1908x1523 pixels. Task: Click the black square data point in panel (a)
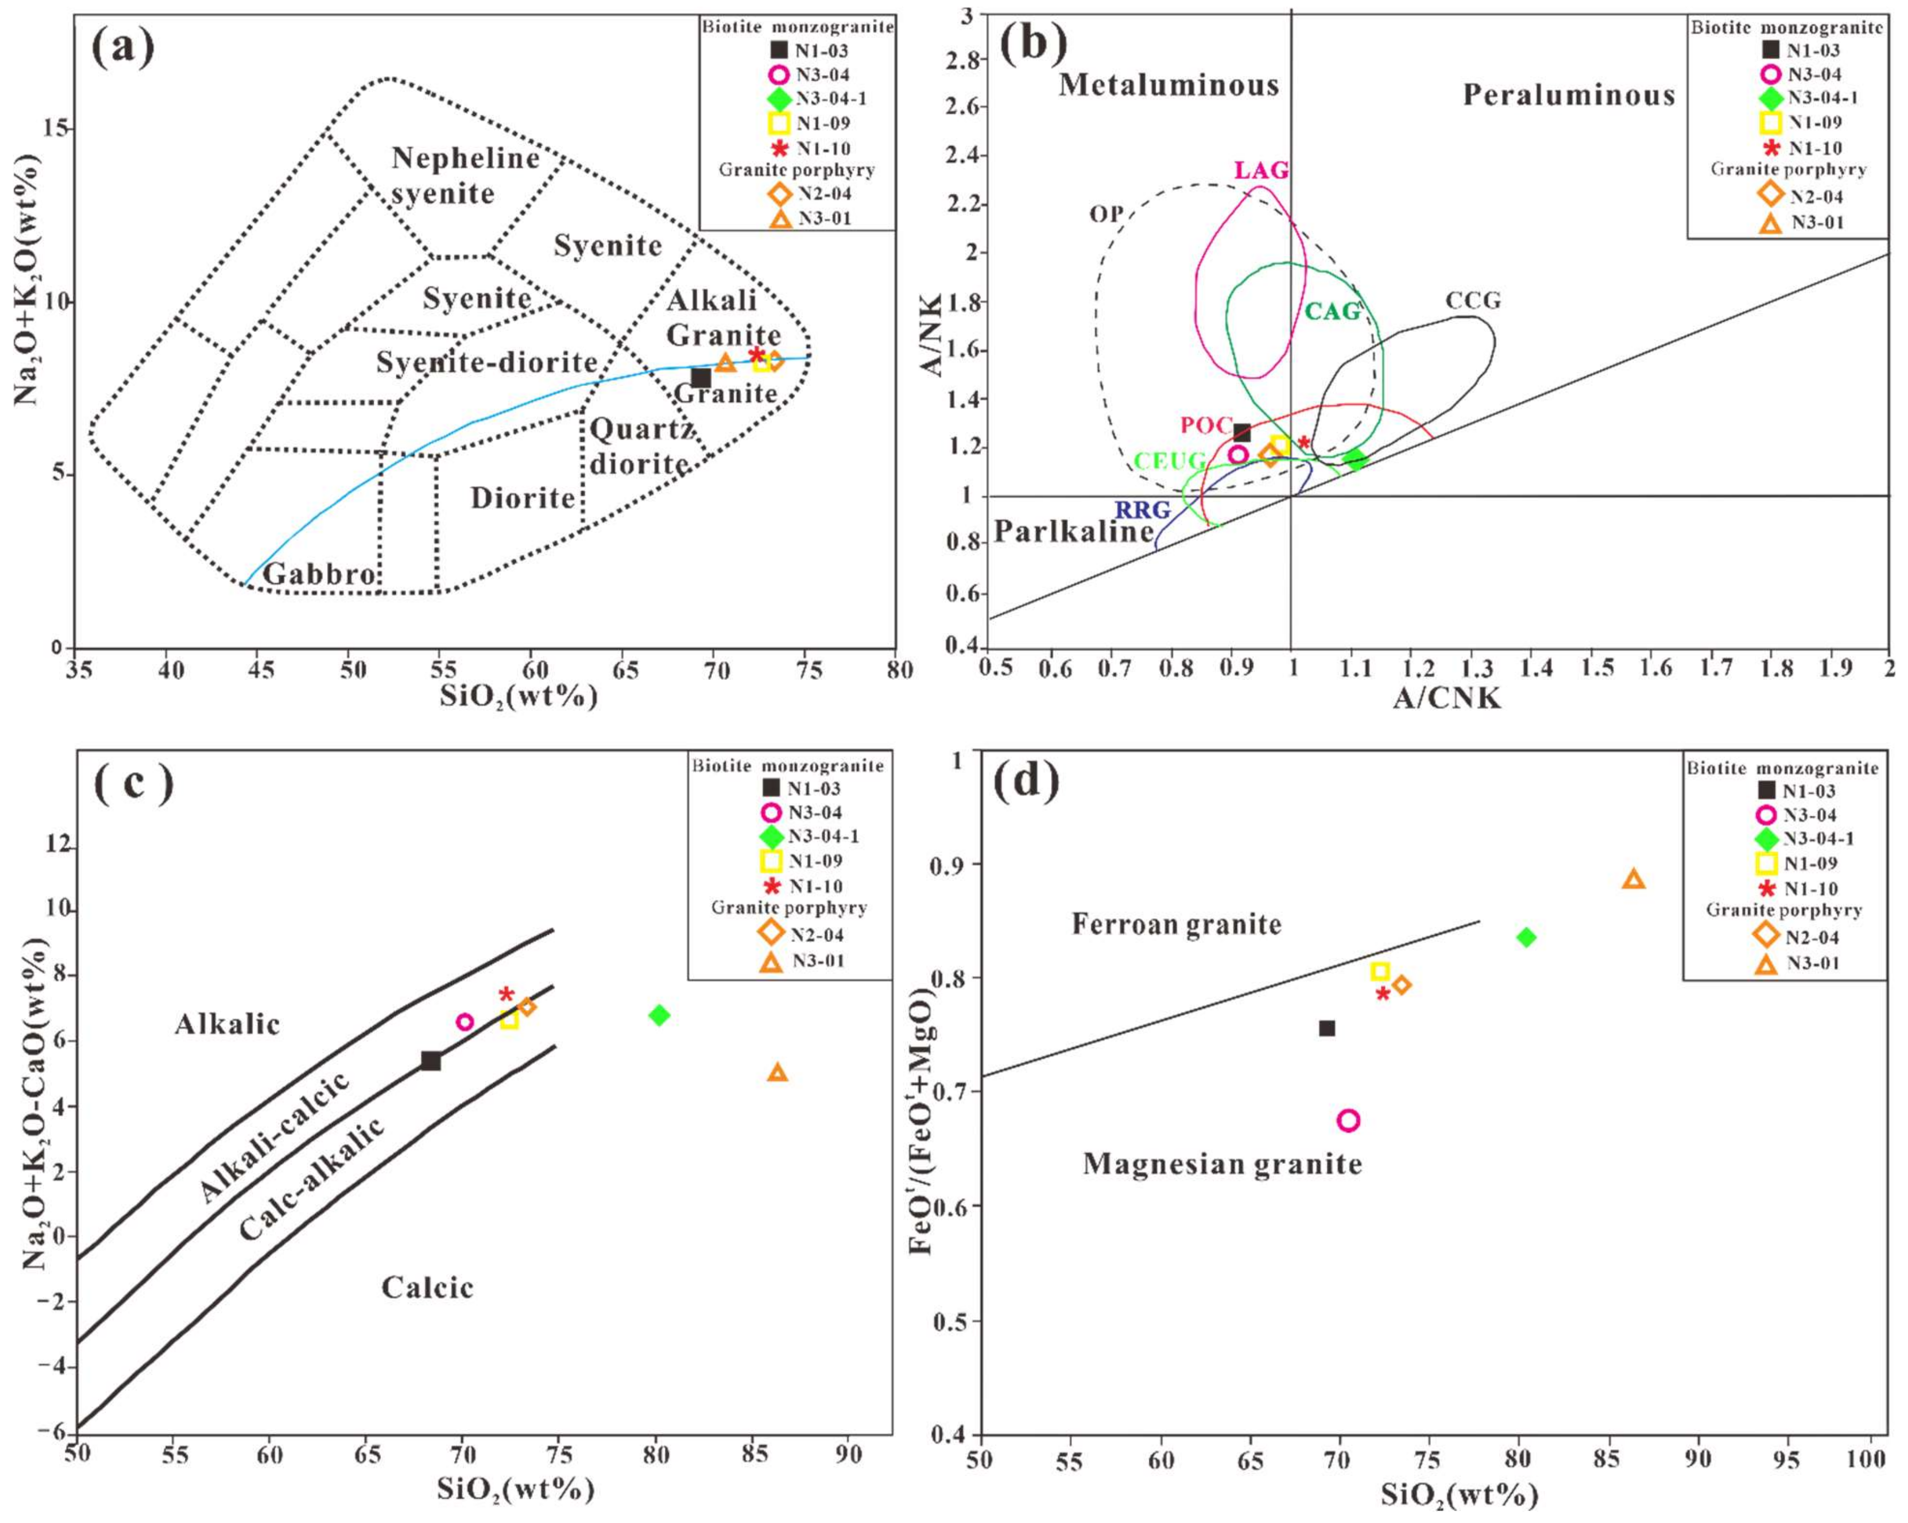[x=701, y=378]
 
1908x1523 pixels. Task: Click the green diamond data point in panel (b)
[x=1355, y=459]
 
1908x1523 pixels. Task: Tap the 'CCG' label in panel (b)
[x=1474, y=301]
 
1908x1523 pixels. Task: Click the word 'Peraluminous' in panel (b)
[x=1568, y=95]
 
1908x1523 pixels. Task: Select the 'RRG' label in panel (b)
[x=1142, y=510]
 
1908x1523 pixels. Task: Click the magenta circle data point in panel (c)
[x=465, y=1022]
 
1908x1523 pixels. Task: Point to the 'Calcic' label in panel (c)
[x=427, y=1287]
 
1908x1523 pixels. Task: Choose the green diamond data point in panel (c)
[x=658, y=1015]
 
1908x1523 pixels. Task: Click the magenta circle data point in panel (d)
[x=1348, y=1121]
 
